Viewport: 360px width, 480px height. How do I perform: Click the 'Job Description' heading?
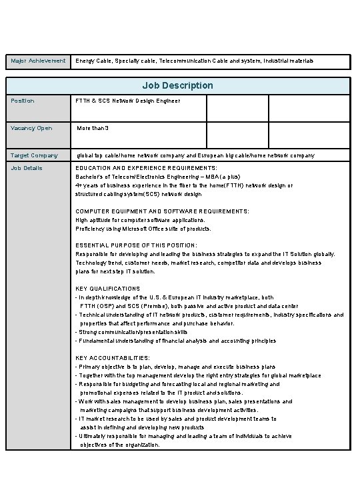click(x=177, y=85)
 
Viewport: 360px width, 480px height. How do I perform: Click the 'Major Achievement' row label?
click(x=37, y=61)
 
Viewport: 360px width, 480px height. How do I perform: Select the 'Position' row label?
click(x=23, y=101)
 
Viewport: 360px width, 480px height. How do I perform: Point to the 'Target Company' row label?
click(x=35, y=155)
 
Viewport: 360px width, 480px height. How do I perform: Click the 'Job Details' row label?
click(x=27, y=168)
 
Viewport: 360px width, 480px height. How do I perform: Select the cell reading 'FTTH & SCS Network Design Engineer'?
click(x=127, y=101)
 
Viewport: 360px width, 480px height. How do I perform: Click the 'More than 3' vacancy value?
click(x=93, y=128)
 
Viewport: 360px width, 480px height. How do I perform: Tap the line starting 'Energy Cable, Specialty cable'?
click(x=194, y=61)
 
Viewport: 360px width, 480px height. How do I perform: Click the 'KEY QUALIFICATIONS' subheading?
click(x=108, y=289)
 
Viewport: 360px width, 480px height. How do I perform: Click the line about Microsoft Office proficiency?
click(x=143, y=228)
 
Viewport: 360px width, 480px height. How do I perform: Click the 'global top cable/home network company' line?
click(x=195, y=155)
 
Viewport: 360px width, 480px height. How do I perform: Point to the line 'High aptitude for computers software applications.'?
click(x=140, y=219)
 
